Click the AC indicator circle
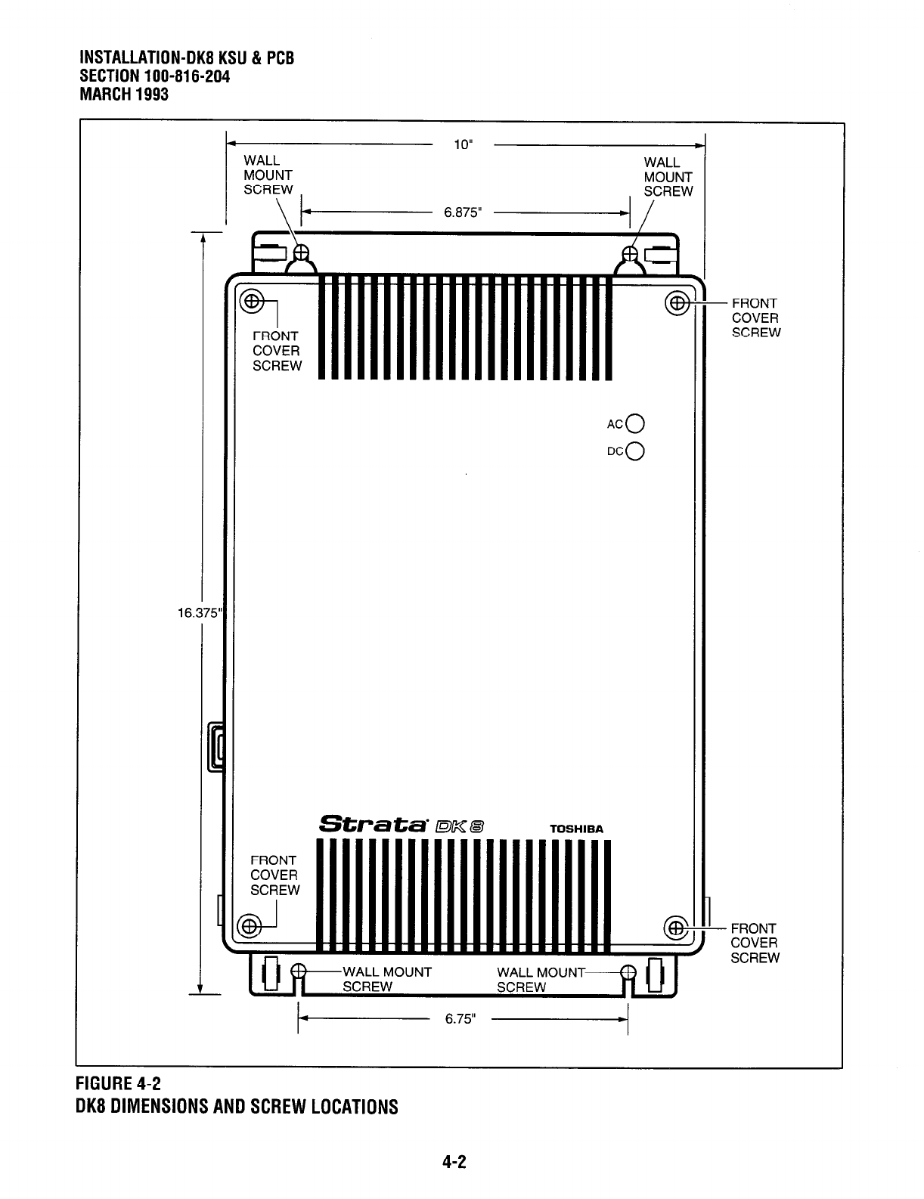[636, 423]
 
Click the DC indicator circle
[636, 451]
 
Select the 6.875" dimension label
[463, 212]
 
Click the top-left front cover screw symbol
[252, 302]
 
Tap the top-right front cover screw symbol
[677, 304]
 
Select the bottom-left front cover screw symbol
[250, 925]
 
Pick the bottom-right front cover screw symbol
[677, 928]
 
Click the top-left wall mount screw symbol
[302, 252]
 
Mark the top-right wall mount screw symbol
[630, 253]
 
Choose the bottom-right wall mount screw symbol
[627, 973]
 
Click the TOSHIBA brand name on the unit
[576, 829]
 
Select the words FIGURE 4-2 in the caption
[119, 1086]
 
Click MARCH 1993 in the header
[124, 94]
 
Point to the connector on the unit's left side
[216, 747]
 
